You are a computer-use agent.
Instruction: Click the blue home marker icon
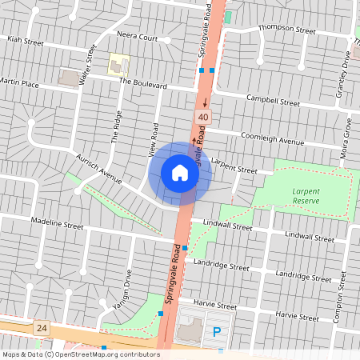(180, 173)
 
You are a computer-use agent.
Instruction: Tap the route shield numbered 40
(203, 118)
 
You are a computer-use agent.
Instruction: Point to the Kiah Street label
(25, 39)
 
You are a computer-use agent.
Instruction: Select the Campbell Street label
(273, 102)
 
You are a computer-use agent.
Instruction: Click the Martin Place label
(19, 82)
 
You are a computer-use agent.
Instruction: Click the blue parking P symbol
(215, 332)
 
